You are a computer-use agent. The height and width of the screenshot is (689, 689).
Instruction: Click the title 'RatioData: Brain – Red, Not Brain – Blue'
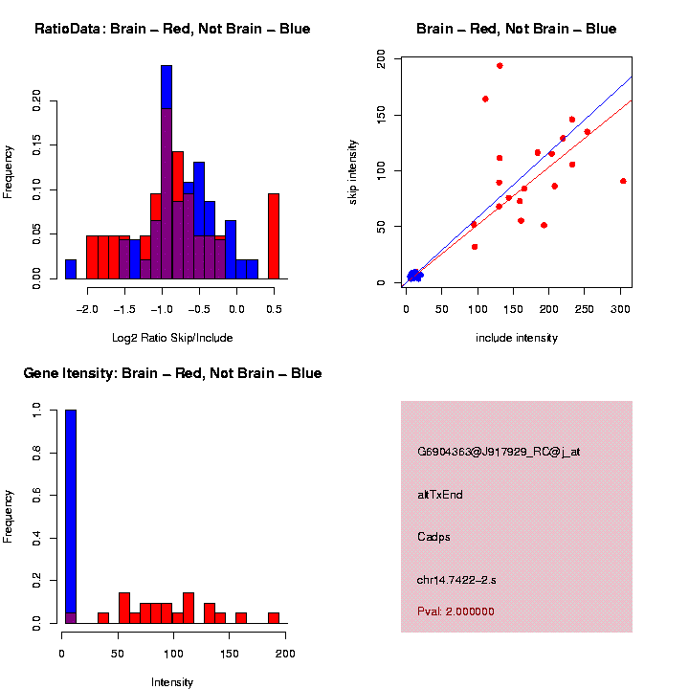click(172, 29)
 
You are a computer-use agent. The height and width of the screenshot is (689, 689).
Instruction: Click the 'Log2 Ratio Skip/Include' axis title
click(171, 338)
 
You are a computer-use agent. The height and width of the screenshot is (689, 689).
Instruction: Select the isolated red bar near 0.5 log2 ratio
click(274, 235)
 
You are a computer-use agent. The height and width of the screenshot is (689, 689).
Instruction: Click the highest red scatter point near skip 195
click(500, 66)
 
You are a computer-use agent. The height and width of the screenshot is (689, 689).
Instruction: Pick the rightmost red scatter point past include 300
click(623, 181)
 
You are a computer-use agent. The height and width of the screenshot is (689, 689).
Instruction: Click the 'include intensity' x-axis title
click(517, 338)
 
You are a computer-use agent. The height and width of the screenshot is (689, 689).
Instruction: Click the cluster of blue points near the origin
click(413, 276)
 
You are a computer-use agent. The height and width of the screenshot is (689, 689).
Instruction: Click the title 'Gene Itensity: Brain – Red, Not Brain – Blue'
click(172, 373)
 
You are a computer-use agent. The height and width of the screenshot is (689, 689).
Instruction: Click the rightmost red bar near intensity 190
click(274, 617)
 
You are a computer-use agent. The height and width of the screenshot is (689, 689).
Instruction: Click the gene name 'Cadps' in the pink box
click(433, 537)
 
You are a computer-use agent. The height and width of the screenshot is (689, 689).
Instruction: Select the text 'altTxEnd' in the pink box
click(440, 495)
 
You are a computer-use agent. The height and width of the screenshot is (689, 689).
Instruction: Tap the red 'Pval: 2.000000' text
click(456, 611)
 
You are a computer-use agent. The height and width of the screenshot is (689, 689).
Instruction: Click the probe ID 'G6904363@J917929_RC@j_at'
click(499, 452)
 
